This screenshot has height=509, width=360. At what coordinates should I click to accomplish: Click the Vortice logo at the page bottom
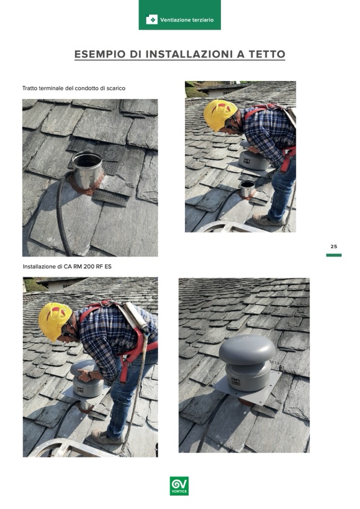click(x=179, y=486)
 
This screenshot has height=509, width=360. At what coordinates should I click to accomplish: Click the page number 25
click(x=333, y=246)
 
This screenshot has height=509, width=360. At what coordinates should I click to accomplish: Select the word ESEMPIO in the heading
click(x=100, y=54)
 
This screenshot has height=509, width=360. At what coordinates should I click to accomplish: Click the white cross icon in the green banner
click(x=152, y=20)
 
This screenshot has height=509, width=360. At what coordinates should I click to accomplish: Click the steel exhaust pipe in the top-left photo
click(x=87, y=170)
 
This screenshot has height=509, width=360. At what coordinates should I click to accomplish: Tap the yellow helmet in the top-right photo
click(x=220, y=114)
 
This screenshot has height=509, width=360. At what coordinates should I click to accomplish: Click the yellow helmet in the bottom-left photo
click(x=55, y=321)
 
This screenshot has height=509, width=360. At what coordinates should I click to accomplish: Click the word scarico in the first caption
click(x=116, y=88)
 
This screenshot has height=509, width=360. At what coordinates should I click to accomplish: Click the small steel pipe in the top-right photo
click(x=247, y=188)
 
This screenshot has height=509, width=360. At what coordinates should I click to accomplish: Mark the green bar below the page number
click(x=333, y=255)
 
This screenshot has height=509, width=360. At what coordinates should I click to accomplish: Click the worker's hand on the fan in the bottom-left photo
click(x=84, y=376)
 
